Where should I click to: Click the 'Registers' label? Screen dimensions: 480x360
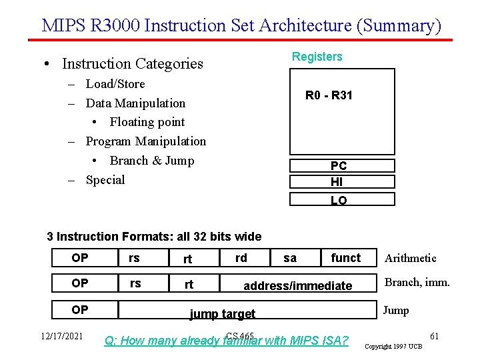317,57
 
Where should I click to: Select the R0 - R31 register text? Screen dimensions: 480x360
329,95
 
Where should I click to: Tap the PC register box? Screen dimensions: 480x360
342,166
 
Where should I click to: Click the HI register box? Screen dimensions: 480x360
342,182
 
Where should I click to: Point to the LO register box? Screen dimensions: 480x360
342,199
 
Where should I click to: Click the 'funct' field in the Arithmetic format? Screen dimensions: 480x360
345,258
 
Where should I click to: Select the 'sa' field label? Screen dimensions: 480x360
290,258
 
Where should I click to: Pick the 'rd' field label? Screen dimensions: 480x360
241,257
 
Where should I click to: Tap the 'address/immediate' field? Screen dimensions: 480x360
297,286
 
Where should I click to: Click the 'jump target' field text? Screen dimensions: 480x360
223,314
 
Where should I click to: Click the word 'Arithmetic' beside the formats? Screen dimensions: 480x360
411,258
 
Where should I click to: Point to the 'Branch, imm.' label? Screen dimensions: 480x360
417,282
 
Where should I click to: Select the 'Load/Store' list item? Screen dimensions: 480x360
115,84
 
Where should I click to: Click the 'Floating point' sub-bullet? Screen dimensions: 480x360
147,122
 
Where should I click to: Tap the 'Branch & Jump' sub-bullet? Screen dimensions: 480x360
151,161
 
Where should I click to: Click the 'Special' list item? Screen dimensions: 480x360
105,180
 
